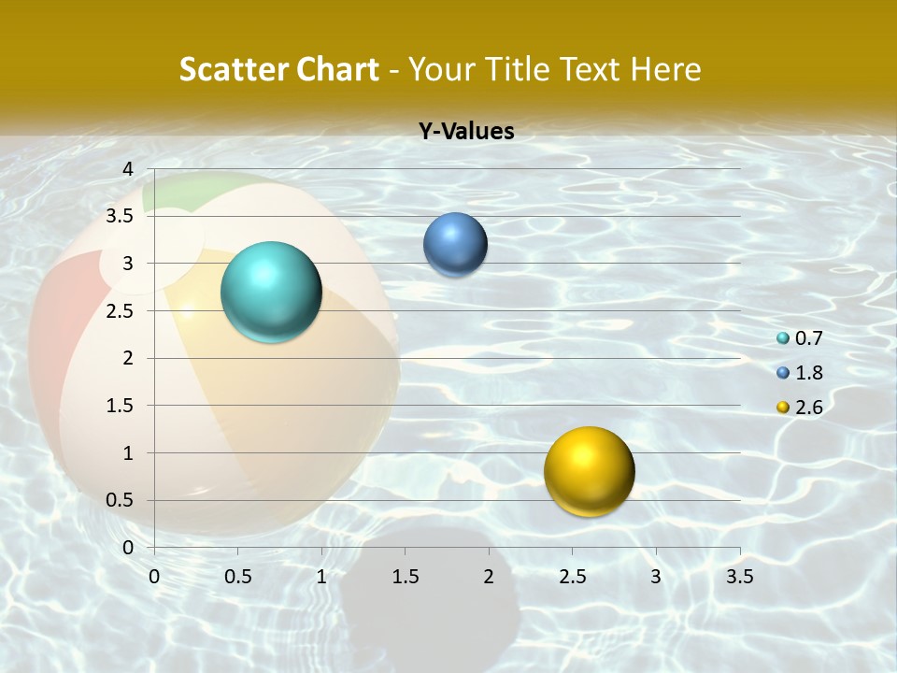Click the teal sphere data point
point(271,292)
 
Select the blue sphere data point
point(455,244)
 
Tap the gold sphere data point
point(589,471)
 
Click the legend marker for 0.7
point(783,338)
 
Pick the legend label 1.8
point(808,373)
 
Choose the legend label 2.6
point(808,408)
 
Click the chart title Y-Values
point(465,132)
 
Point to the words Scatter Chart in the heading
point(278,69)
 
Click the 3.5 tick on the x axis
point(739,577)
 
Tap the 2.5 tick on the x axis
point(572,577)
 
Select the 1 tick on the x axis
point(321,577)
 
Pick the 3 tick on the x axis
point(656,577)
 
